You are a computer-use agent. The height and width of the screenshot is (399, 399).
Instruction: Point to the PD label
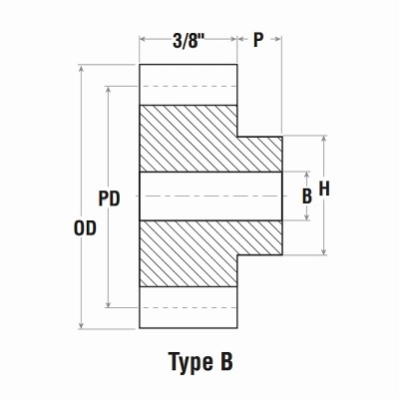pos(109,199)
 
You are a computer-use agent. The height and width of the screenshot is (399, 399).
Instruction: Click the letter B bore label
pos(307,197)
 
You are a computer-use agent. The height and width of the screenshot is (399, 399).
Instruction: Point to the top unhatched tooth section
pos(188,85)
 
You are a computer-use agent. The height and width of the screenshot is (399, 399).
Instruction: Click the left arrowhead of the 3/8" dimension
pos(143,40)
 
